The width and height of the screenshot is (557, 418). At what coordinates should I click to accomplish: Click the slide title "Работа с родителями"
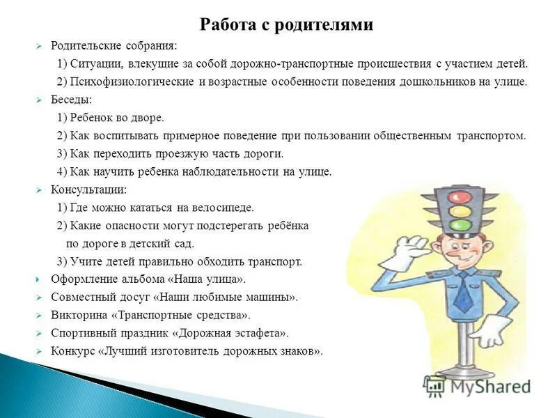(x=287, y=24)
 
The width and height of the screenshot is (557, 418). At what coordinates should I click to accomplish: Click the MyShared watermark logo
(x=476, y=385)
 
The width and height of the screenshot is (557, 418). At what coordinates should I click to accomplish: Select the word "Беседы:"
(x=71, y=100)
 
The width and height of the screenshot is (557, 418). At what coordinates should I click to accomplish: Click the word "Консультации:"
(x=88, y=189)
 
